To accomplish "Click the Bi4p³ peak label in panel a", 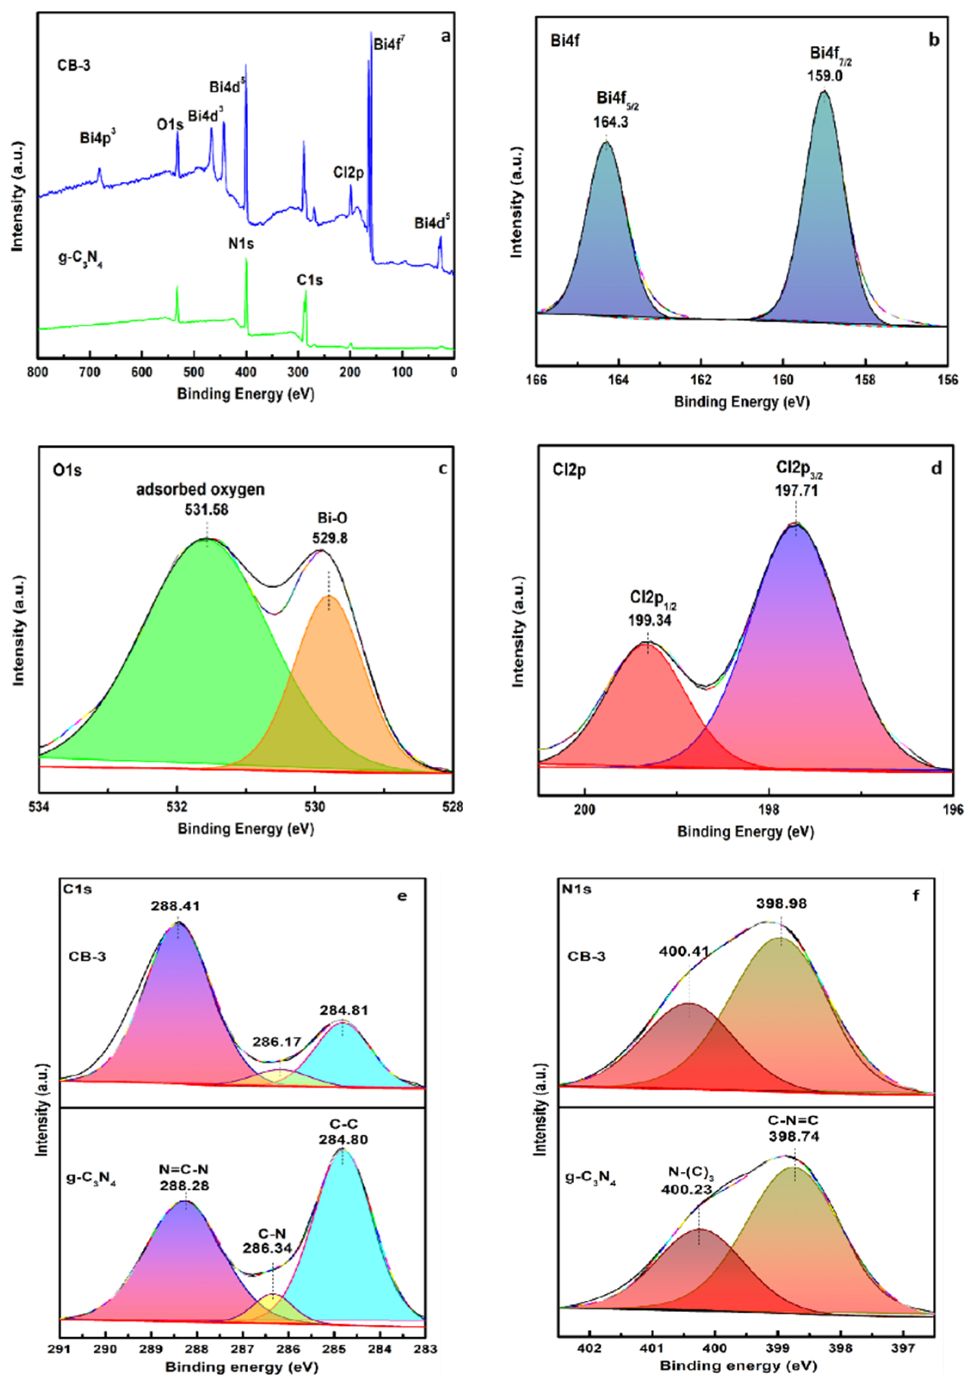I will (x=97, y=138).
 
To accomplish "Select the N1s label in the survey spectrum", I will (x=241, y=244).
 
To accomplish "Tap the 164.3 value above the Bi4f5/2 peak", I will (x=610, y=122).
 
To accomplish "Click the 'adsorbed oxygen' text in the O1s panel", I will (x=200, y=490).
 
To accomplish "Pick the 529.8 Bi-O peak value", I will (x=329, y=537).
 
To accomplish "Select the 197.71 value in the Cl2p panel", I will (x=797, y=490).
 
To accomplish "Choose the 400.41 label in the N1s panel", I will (x=684, y=952).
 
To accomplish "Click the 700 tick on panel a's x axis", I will (x=89, y=372).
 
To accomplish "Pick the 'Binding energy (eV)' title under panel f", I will (x=738, y=1365).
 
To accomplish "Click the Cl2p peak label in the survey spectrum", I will (x=348, y=173).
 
